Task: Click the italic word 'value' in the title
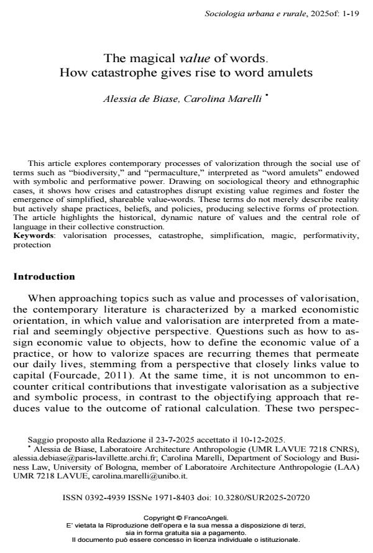point(195,59)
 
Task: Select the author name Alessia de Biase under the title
point(142,99)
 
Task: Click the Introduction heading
point(44,276)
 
